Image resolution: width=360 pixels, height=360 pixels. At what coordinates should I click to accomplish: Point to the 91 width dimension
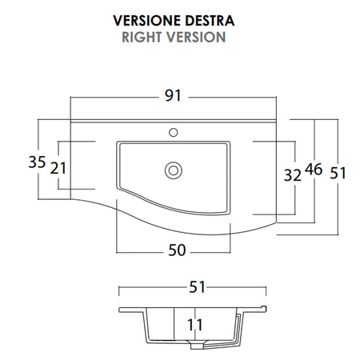tap(174, 97)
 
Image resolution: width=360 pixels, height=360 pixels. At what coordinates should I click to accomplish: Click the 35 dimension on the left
tap(37, 162)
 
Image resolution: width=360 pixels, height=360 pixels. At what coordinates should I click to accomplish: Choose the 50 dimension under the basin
tap(177, 250)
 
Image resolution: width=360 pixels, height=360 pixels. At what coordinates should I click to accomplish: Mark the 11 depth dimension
tap(194, 325)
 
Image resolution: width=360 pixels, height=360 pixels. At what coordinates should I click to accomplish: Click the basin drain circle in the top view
tap(172, 169)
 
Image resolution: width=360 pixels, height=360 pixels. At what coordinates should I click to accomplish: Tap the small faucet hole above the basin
tap(174, 130)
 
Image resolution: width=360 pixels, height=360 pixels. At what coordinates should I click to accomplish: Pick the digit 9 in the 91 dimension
tap(169, 97)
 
